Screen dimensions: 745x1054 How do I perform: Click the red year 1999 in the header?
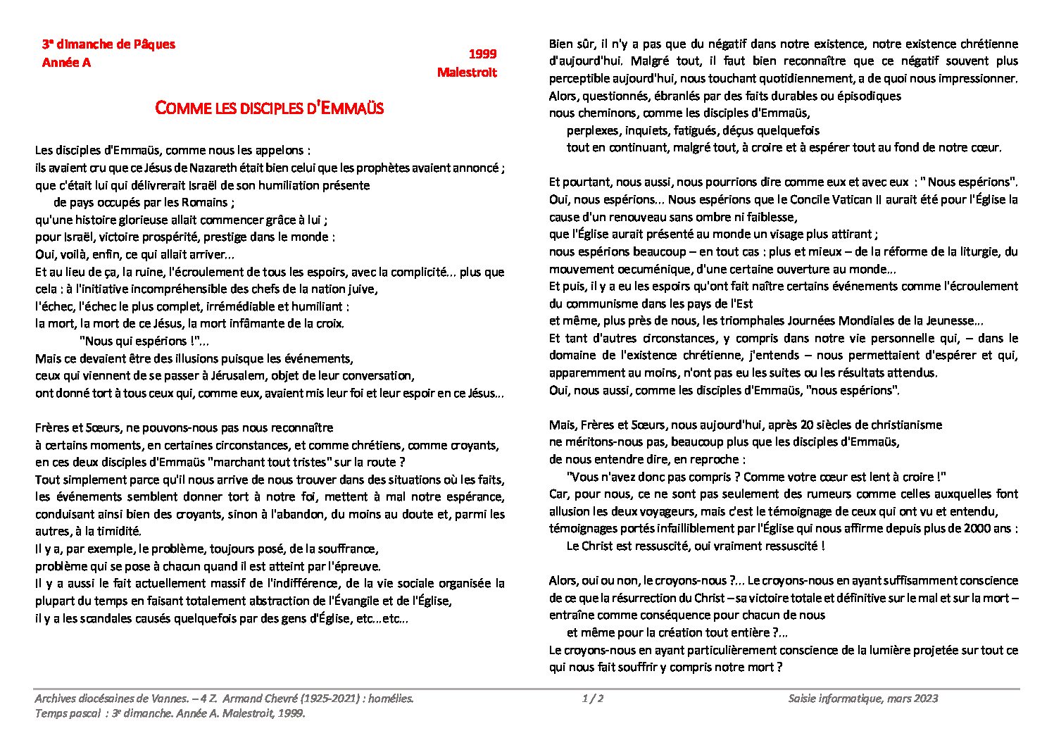pyautogui.click(x=482, y=54)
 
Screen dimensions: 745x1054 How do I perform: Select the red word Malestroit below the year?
pyautogui.click(x=467, y=73)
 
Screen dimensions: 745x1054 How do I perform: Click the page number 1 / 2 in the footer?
pyautogui.click(x=593, y=699)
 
